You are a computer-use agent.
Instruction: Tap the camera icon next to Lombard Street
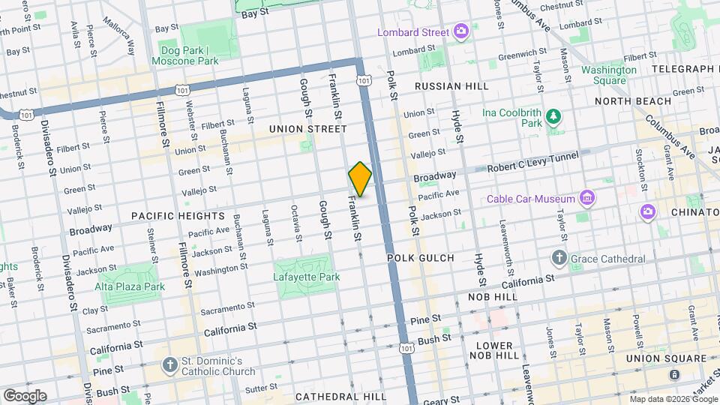[461, 32]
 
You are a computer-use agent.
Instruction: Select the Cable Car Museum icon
[587, 199]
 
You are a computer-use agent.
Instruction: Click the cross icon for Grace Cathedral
[559, 259]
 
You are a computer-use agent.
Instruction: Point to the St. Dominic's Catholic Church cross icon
[170, 366]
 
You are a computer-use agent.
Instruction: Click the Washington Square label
[609, 75]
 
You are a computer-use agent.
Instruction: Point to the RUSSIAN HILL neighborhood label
[451, 86]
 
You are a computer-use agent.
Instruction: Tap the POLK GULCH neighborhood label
[421, 258]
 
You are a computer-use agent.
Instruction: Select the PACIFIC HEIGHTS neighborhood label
[169, 215]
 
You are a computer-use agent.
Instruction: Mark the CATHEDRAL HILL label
[340, 396]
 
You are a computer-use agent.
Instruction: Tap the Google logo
[24, 395]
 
